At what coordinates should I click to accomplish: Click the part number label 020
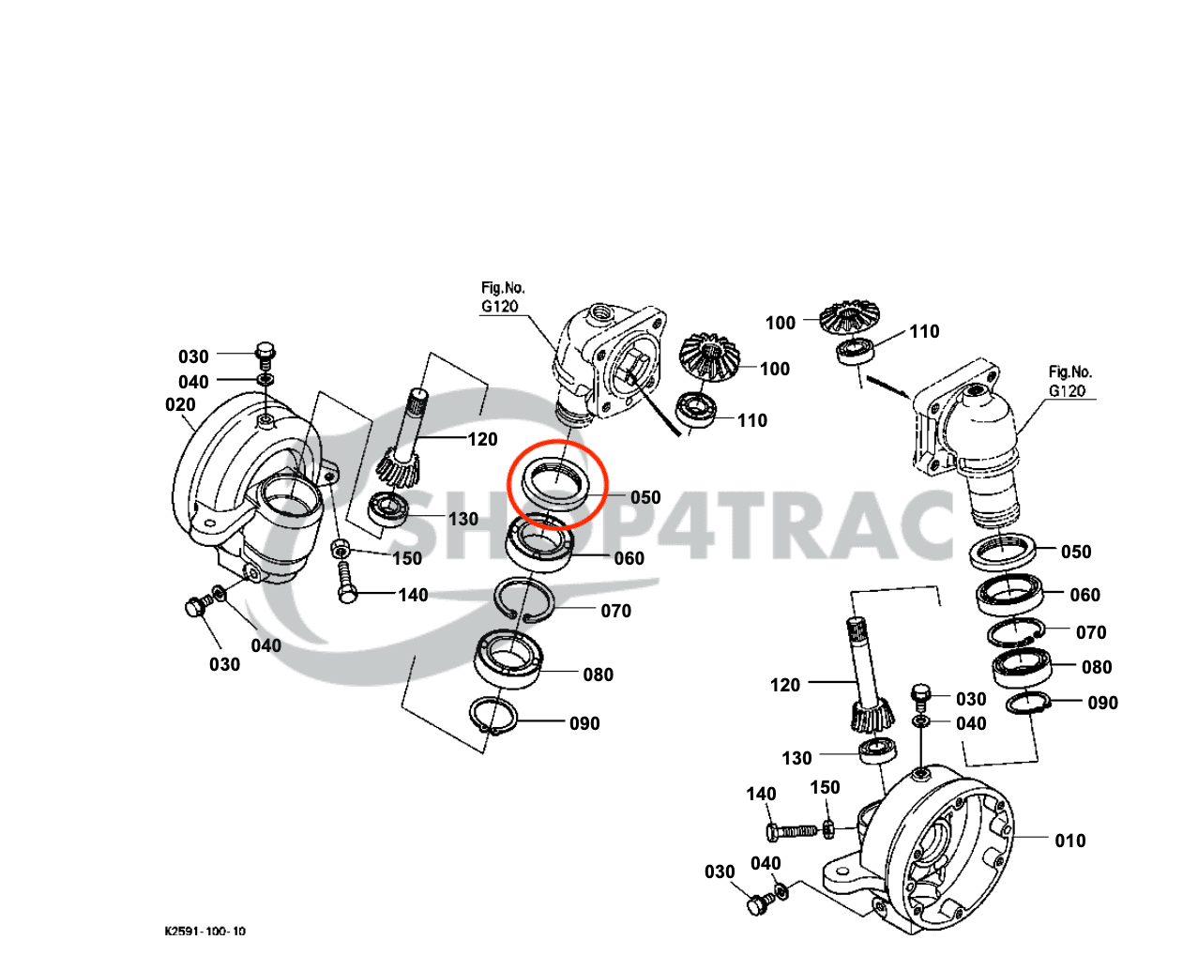click(x=180, y=405)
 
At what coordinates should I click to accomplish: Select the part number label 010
click(x=1069, y=841)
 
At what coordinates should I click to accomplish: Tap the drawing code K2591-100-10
click(x=205, y=932)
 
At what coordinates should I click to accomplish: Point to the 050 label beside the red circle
click(x=645, y=497)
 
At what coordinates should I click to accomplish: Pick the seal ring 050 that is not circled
click(x=1005, y=552)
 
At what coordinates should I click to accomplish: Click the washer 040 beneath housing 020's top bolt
click(x=265, y=380)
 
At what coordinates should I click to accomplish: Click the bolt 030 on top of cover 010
click(x=920, y=695)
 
